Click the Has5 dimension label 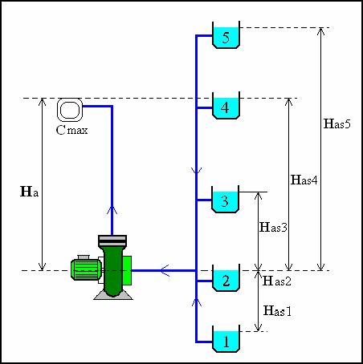point(337,123)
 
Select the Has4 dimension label point(304,180)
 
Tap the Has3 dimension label point(273,227)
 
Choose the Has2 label point(277,281)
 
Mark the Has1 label point(277,310)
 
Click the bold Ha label point(30,192)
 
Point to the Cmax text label point(72,130)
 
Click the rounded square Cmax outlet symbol point(70,110)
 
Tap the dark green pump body point(112,271)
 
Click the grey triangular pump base point(113,295)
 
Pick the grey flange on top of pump point(112,241)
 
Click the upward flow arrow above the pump point(112,210)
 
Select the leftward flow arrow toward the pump point(165,270)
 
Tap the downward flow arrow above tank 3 point(196,171)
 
